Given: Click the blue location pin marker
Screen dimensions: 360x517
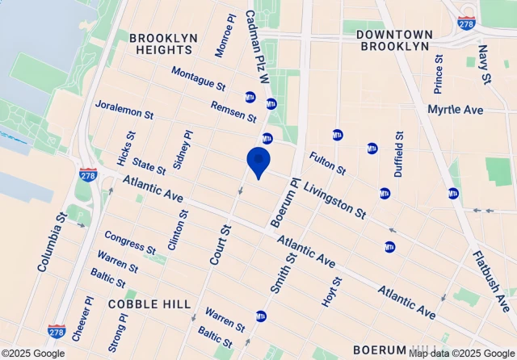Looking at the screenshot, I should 258,162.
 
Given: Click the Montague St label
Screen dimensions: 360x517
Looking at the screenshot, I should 199,78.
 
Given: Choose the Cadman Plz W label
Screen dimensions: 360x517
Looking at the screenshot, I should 256,46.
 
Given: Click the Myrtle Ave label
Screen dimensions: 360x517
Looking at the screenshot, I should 455,109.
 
